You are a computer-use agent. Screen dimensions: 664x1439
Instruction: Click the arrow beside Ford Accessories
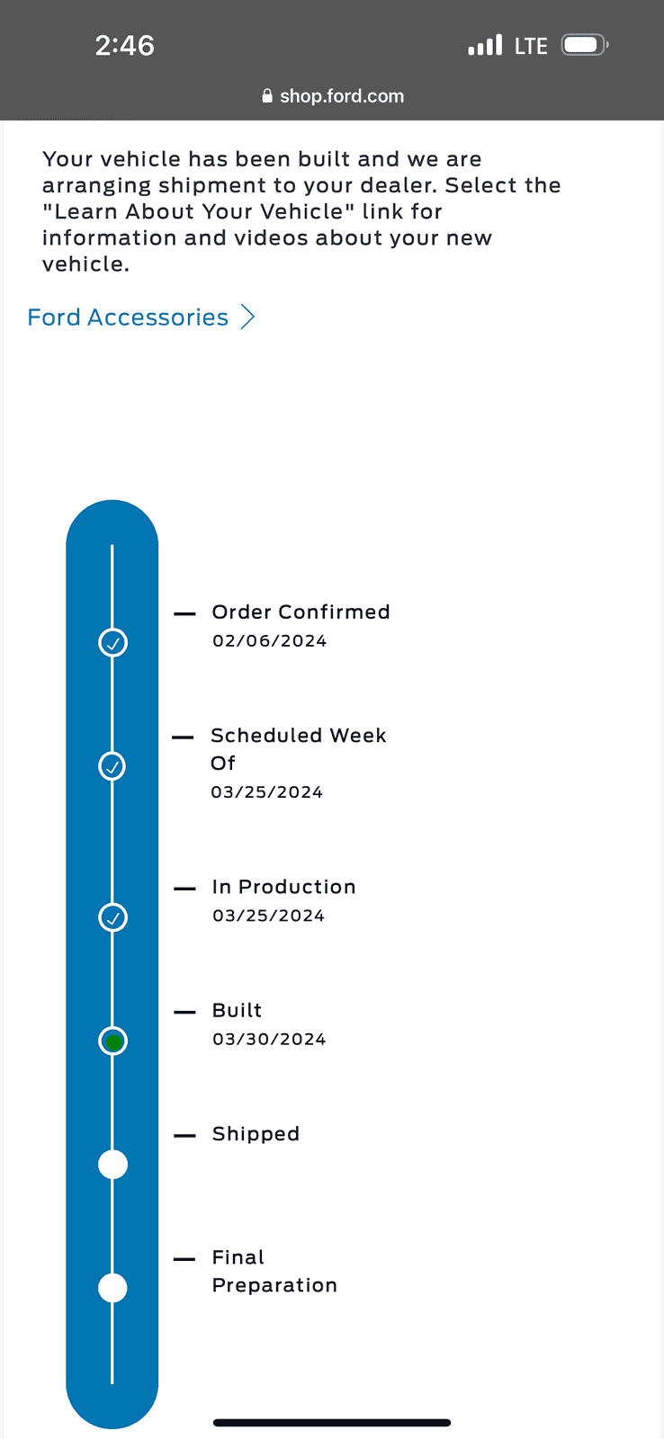click(x=247, y=317)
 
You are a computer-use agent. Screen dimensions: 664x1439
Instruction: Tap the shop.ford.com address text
click(x=342, y=96)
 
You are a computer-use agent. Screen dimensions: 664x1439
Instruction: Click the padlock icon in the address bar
click(x=267, y=96)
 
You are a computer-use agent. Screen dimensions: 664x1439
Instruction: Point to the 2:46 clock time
click(x=125, y=46)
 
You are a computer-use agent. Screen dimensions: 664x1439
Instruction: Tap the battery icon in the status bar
click(x=584, y=45)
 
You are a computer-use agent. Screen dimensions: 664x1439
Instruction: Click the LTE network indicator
click(x=531, y=46)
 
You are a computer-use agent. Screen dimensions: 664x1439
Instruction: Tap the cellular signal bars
click(x=485, y=45)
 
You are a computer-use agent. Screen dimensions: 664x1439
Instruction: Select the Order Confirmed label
click(x=301, y=612)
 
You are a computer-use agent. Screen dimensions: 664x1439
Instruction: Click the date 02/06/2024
click(x=269, y=640)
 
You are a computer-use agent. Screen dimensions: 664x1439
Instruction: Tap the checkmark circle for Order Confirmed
click(x=112, y=642)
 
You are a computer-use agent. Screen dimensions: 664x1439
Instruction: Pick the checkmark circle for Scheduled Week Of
click(x=112, y=766)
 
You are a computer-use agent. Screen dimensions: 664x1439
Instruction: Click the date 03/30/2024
click(x=269, y=1039)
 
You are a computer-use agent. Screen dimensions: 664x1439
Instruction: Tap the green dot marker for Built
click(x=113, y=1041)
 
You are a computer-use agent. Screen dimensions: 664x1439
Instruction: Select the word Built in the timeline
click(x=237, y=1010)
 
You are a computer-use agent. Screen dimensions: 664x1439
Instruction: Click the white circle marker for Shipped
click(x=112, y=1165)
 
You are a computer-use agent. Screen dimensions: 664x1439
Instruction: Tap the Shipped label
click(x=256, y=1134)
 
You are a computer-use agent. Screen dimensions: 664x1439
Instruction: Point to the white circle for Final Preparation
click(x=112, y=1288)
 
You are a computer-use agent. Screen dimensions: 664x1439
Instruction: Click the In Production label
click(x=283, y=887)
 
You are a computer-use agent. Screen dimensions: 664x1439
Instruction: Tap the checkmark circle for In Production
click(x=112, y=917)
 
